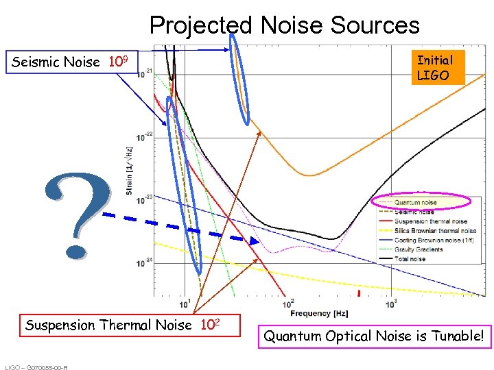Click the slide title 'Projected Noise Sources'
pyautogui.click(x=284, y=25)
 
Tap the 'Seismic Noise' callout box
pyautogui.click(x=75, y=62)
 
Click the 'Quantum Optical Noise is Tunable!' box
pyautogui.click(x=375, y=336)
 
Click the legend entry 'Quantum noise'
pyautogui.click(x=415, y=203)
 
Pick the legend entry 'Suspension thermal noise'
pyautogui.click(x=430, y=221)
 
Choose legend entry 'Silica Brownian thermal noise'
pyautogui.click(x=435, y=231)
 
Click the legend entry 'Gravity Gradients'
pyautogui.click(x=418, y=249)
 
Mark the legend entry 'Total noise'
pyautogui.click(x=410, y=259)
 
